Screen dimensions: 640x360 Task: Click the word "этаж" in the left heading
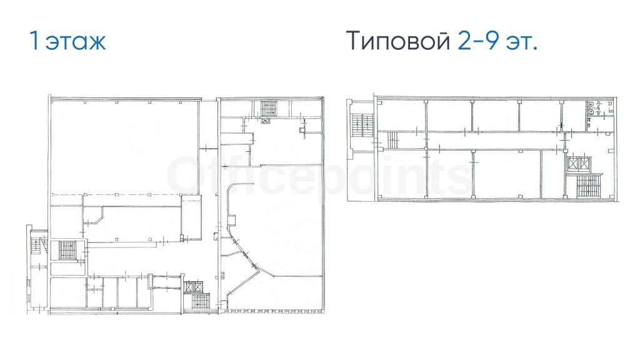76,42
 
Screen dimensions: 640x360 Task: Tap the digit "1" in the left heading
34,40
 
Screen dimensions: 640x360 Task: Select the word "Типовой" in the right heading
398,41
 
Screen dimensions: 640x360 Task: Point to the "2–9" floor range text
478,40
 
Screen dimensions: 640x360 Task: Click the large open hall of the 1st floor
124,147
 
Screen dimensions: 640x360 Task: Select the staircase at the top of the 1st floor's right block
269,107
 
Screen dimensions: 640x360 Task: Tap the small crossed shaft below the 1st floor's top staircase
265,121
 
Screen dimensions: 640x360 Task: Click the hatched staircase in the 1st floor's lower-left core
66,250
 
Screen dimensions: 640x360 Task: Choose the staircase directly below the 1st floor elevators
199,301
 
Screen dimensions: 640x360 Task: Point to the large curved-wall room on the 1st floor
277,229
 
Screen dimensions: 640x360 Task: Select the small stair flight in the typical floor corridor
392,141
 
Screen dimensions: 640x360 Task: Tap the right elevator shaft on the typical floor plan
585,164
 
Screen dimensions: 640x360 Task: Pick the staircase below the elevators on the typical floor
586,186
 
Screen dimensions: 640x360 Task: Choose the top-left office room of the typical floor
402,116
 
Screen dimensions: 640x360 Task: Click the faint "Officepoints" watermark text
318,176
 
